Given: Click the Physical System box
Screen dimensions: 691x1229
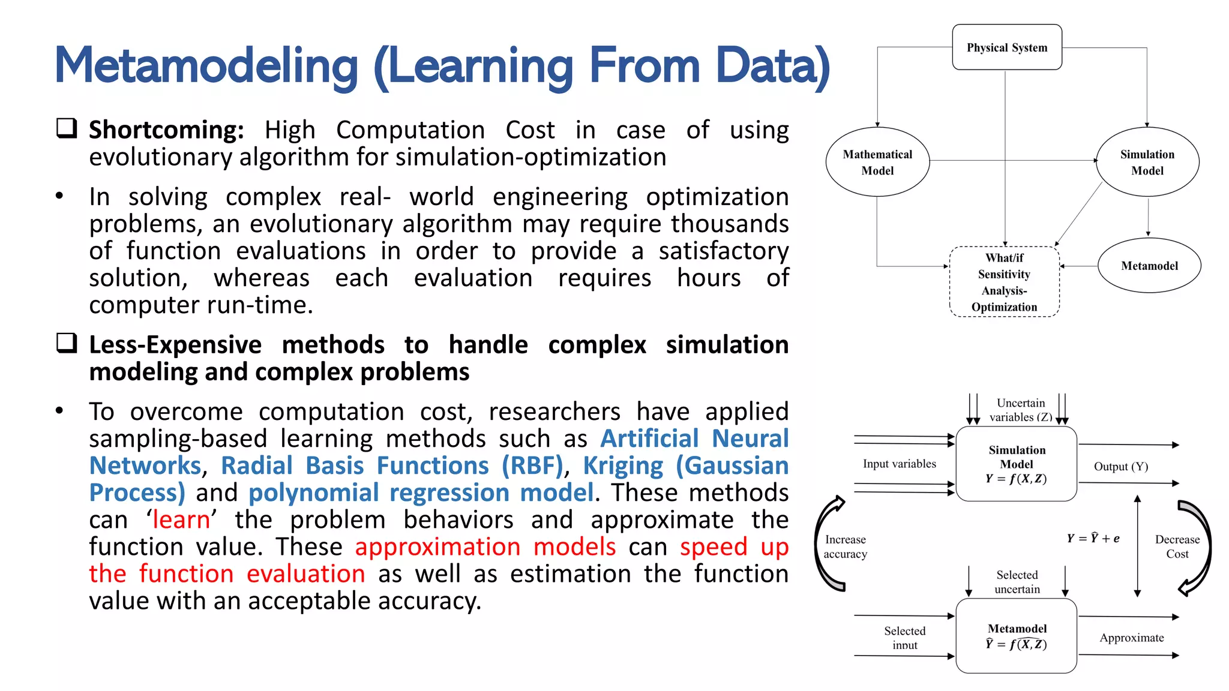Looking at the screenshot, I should point(1006,47).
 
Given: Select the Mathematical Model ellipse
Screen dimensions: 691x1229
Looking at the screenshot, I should point(877,162).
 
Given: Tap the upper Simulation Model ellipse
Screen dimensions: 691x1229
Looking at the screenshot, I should point(1147,162).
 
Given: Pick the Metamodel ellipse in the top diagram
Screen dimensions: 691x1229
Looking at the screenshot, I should point(1149,266).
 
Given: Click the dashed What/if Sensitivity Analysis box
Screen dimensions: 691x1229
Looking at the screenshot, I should point(1004,282).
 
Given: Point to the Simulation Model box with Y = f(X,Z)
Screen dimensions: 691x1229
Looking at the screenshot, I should point(1016,464).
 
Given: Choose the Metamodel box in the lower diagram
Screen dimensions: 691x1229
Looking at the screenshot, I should point(1016,636).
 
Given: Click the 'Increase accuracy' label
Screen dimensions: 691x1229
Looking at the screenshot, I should point(845,546).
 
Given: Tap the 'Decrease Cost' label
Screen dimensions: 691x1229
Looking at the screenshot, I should point(1177,546).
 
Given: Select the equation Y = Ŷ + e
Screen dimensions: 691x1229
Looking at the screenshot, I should point(1093,538).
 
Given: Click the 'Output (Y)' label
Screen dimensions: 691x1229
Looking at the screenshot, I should point(1120,466).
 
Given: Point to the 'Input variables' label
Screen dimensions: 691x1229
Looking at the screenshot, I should point(899,464).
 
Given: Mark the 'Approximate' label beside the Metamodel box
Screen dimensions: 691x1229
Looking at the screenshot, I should point(1131,638).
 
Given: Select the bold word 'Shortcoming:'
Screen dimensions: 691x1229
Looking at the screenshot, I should point(166,130).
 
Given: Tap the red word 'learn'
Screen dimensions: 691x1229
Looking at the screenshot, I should point(181,519).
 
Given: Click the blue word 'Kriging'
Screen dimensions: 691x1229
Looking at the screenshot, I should point(623,466).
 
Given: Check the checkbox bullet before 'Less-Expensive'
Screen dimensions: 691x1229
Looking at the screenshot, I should point(67,343).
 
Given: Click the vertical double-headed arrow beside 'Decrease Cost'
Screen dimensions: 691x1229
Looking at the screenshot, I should point(1137,546).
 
